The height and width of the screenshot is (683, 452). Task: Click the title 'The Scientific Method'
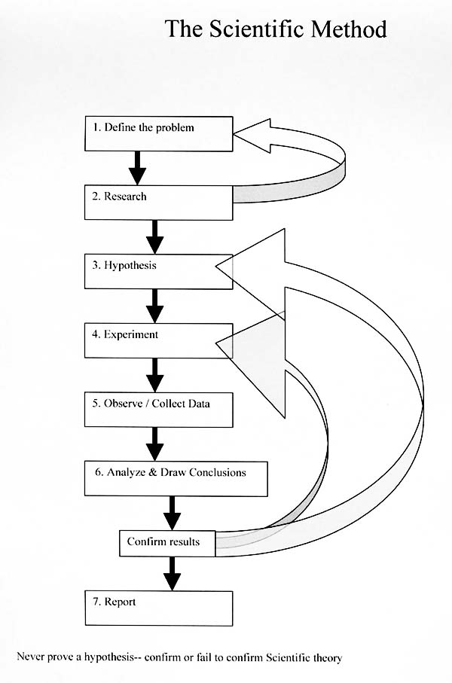276,29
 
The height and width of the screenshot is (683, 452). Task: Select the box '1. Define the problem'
157,133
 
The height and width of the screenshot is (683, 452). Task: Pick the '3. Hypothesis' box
157,270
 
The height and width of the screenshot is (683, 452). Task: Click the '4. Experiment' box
157,340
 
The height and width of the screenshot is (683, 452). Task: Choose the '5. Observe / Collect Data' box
157,409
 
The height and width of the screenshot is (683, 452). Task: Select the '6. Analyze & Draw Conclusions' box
176,478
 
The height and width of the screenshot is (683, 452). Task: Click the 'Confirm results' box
168,543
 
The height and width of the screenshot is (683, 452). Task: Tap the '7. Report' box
157,608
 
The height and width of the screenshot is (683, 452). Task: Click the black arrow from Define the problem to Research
137,167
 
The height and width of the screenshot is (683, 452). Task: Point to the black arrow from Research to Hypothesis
155,236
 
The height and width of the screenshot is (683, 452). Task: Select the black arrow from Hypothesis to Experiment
155,305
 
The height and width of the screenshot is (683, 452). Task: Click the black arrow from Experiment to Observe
155,374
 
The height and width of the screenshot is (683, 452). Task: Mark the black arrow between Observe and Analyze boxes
155,444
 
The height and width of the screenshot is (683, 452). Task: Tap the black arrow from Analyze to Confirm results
173,513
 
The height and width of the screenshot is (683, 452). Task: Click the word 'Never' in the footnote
29,657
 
